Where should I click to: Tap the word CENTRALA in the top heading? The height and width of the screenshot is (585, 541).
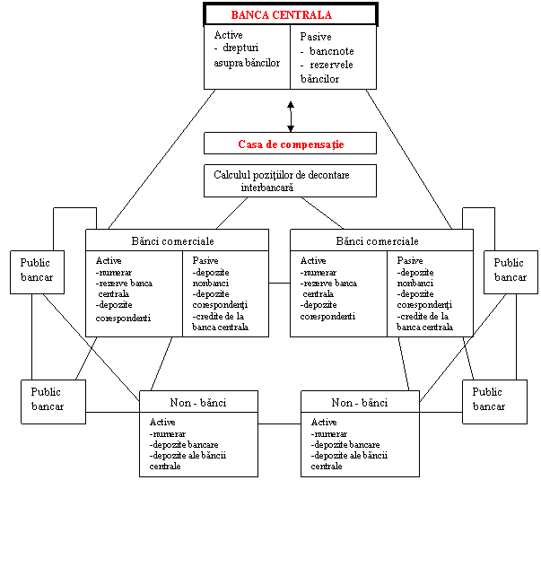(x=302, y=15)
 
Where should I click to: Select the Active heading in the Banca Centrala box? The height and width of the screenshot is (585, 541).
(x=229, y=35)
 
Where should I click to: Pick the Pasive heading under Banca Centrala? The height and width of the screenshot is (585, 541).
(x=316, y=37)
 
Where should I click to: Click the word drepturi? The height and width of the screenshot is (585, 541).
(x=240, y=48)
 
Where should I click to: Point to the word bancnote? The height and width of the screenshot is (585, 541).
(x=332, y=51)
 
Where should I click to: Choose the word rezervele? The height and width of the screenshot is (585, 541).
(x=331, y=65)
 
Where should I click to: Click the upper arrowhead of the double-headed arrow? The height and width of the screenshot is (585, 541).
(x=291, y=105)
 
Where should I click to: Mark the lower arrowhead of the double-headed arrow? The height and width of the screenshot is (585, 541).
(x=291, y=128)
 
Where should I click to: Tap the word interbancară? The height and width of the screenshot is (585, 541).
(x=267, y=188)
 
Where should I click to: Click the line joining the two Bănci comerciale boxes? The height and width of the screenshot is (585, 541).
(x=279, y=283)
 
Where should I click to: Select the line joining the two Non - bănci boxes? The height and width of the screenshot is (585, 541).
(x=279, y=423)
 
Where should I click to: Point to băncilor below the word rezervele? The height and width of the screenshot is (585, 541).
(x=319, y=79)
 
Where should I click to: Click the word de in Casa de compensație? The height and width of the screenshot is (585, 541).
(x=271, y=144)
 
